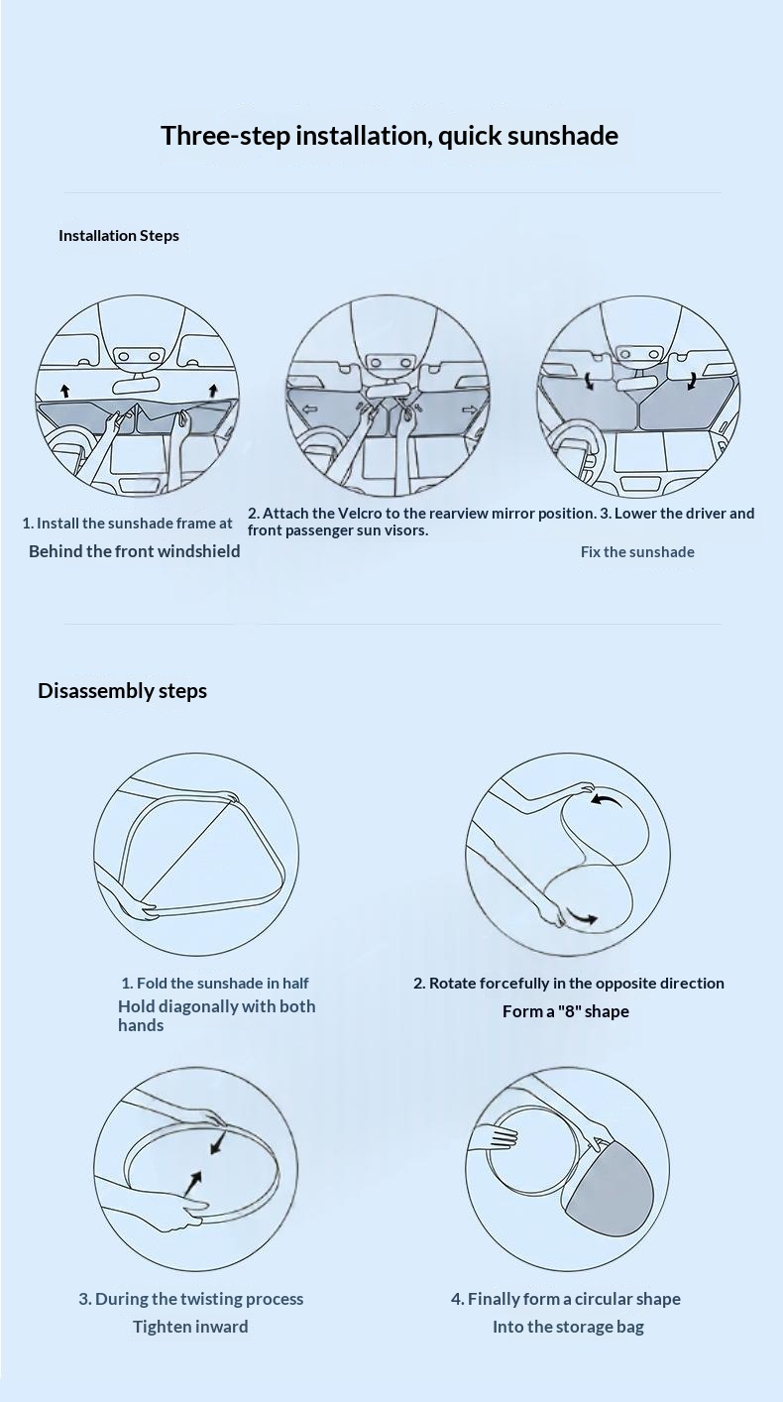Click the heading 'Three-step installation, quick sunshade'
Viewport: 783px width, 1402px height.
390,136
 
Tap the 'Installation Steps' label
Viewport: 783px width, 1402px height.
119,236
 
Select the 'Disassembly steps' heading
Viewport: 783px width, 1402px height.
122,691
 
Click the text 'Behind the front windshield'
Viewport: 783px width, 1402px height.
135,551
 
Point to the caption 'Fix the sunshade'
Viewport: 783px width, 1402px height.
637,552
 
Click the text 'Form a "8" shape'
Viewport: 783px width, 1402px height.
566,1011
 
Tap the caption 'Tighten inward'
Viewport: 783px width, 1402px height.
191,1327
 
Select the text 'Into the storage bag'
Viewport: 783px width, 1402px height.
568,1327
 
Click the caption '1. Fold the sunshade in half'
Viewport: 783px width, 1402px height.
215,984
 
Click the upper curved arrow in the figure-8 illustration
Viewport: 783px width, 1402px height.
607,800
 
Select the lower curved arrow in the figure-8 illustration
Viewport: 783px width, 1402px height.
582,917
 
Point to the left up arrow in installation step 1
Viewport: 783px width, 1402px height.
65,392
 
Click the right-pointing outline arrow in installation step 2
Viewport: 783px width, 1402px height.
469,409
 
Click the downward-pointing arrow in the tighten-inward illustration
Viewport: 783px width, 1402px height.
218,1143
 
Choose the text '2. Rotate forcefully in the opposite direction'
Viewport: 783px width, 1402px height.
569,984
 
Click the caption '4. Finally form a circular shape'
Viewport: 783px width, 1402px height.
566,1299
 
